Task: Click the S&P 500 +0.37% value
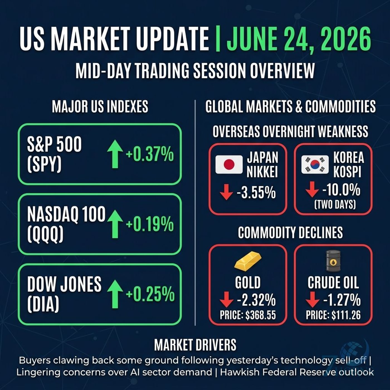click(150, 154)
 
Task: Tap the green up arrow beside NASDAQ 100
click(115, 224)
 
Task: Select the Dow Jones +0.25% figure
click(150, 294)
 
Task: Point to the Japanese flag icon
click(229, 164)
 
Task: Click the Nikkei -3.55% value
click(256, 193)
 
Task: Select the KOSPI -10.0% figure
click(342, 191)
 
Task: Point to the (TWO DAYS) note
click(335, 205)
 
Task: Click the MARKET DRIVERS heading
click(195, 345)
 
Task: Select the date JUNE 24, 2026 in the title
click(299, 39)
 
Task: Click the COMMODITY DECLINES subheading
click(291, 232)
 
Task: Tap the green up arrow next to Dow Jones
click(115, 294)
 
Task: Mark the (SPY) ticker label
click(44, 165)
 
